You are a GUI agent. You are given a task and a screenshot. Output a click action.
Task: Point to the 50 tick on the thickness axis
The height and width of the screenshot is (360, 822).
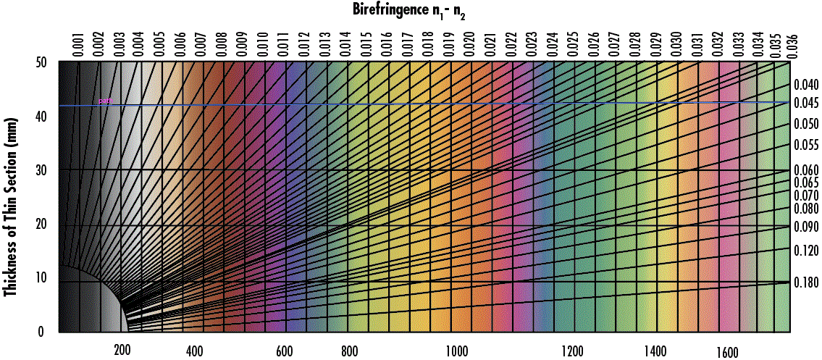click(41, 63)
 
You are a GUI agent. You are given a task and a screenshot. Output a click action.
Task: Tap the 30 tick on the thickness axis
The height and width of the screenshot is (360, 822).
click(41, 170)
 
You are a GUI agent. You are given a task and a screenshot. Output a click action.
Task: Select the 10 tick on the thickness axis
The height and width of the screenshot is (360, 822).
click(41, 277)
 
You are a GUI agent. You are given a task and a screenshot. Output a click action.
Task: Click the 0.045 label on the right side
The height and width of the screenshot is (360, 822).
click(806, 103)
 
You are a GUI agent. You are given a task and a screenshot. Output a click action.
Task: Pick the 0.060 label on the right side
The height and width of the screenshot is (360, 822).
click(806, 170)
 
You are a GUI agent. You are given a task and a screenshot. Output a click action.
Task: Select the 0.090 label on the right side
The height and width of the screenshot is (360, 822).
click(806, 227)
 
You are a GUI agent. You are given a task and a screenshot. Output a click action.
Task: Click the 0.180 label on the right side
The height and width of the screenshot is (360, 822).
click(806, 282)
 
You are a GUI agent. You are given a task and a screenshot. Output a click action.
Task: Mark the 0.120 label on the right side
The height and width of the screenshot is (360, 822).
click(806, 250)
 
